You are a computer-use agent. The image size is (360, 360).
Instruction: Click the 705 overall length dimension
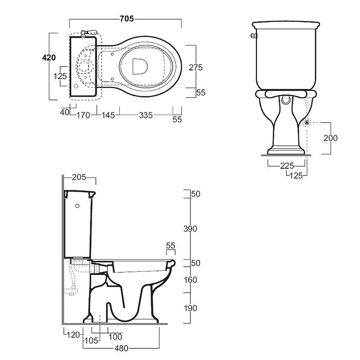[x=127, y=18]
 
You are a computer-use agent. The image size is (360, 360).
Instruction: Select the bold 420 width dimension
[x=49, y=58]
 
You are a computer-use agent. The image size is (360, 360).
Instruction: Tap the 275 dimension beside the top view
[x=196, y=67]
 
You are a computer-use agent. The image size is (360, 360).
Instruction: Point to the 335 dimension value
[x=146, y=115]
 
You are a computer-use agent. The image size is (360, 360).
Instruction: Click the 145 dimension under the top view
[x=108, y=115]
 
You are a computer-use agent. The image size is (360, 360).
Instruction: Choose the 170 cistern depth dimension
[x=83, y=115]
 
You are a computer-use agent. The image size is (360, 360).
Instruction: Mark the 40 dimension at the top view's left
[x=64, y=112]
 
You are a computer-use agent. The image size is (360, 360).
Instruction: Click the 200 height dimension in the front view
[x=330, y=138]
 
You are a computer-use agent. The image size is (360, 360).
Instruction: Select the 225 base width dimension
[x=287, y=166]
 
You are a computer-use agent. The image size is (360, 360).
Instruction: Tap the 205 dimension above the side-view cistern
[x=79, y=177]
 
